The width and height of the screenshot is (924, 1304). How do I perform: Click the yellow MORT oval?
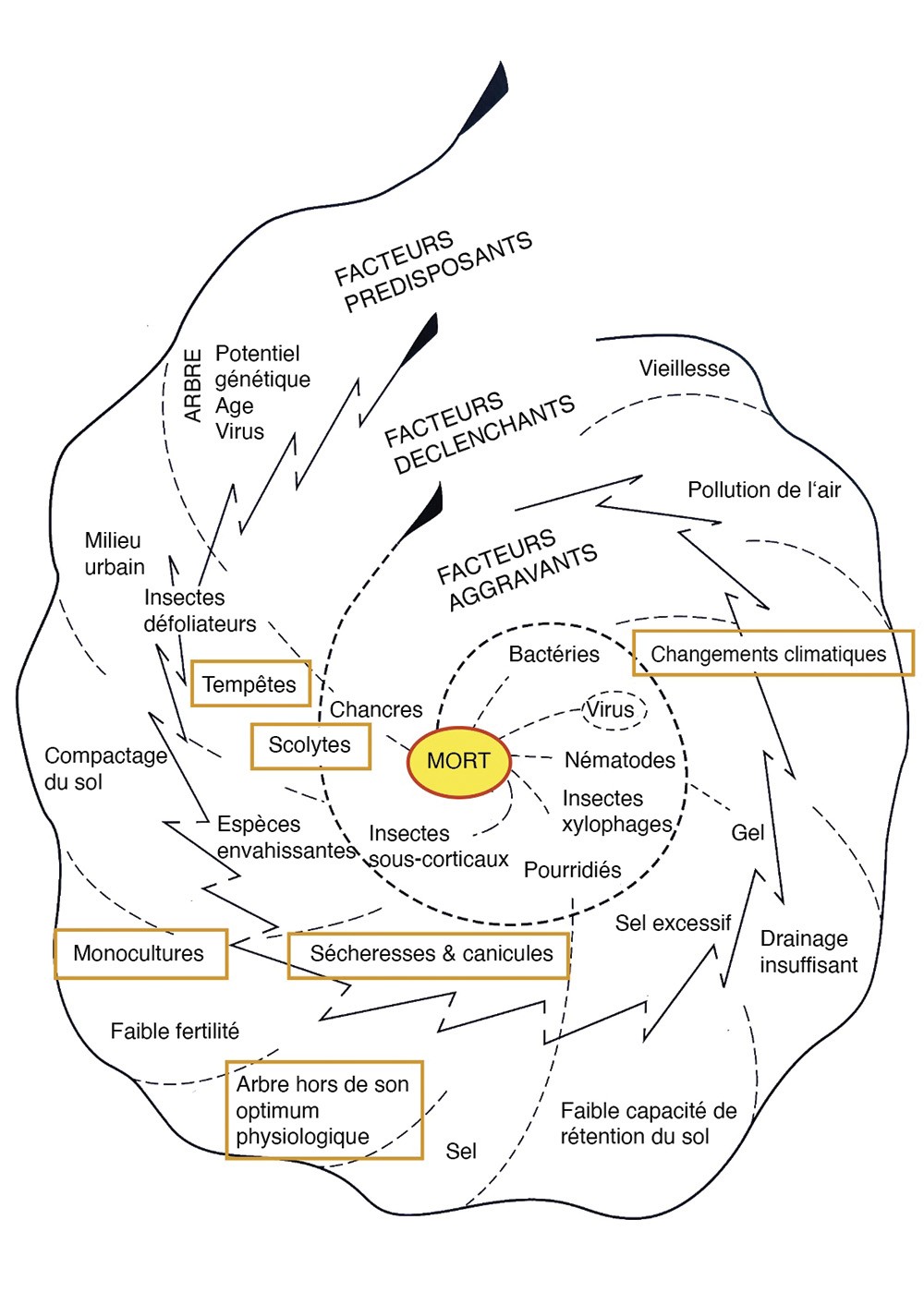coord(459,762)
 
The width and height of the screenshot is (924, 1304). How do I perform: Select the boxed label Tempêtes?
coord(250,684)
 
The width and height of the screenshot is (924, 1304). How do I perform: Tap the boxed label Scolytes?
coord(310,745)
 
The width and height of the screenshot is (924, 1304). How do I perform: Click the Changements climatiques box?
coord(772,654)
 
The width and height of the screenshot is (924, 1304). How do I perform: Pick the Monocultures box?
coord(140,953)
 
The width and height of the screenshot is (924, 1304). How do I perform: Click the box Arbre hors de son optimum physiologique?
coord(323,1110)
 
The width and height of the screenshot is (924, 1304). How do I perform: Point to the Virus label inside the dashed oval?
coord(611,709)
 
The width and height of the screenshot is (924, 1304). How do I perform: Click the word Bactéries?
coord(554,655)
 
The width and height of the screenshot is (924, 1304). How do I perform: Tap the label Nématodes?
coord(620,760)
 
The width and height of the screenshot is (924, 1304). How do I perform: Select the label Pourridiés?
coord(572,870)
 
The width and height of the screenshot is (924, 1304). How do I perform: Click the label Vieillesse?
coord(685,368)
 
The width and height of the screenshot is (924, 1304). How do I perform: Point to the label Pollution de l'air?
coord(764,489)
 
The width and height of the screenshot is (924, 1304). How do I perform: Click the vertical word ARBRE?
coord(193,385)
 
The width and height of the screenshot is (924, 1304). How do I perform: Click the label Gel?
coord(748,832)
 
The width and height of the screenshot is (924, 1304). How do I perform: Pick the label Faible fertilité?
coord(175,1031)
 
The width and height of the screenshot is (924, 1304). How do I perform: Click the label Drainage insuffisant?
coord(808,951)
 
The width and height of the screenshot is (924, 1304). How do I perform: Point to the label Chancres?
coord(376,709)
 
